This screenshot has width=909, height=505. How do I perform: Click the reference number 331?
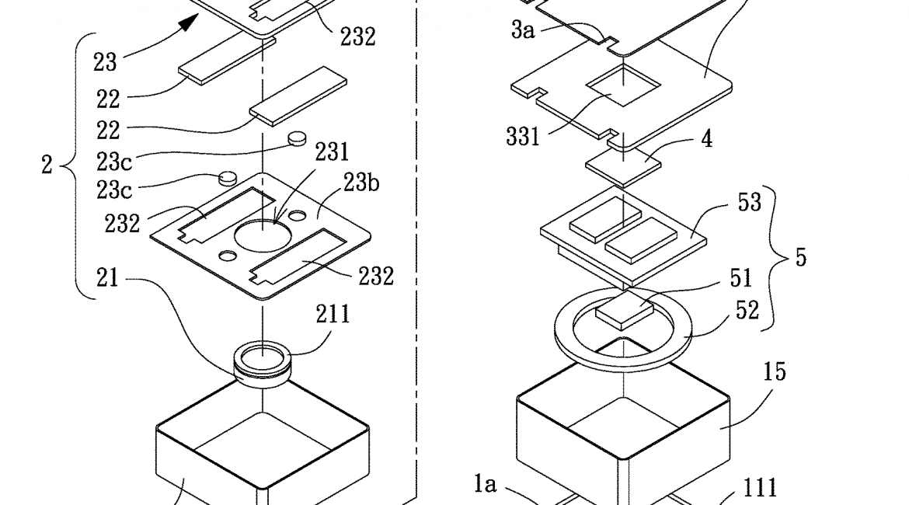pyautogui.click(x=522, y=138)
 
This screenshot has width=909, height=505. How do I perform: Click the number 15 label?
pyautogui.click(x=753, y=372)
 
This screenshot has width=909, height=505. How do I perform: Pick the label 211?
pyautogui.click(x=332, y=315)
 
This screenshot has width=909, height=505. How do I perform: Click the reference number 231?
pyautogui.click(x=332, y=151)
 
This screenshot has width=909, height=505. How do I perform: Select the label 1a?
pyautogui.click(x=485, y=485)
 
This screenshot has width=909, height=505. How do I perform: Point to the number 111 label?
pyautogui.click(x=759, y=487)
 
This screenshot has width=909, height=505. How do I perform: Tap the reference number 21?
pyautogui.click(x=107, y=278)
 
